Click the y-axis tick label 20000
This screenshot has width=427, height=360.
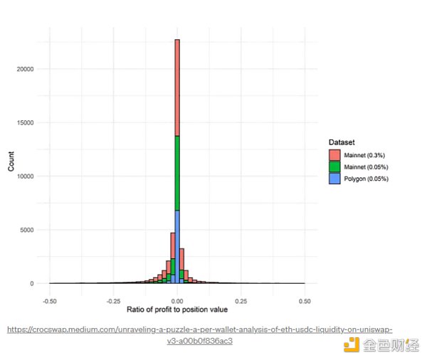click(x=25, y=70)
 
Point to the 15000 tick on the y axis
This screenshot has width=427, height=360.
click(x=25, y=123)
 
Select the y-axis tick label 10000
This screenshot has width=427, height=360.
click(x=25, y=176)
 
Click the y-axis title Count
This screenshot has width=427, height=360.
click(x=11, y=165)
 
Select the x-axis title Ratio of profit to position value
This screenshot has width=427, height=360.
click(x=176, y=310)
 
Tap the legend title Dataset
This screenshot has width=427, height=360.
click(x=342, y=142)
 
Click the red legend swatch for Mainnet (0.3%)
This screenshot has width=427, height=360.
click(x=334, y=154)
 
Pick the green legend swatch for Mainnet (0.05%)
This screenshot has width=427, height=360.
click(x=334, y=166)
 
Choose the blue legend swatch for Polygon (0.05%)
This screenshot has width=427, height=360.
click(x=334, y=179)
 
